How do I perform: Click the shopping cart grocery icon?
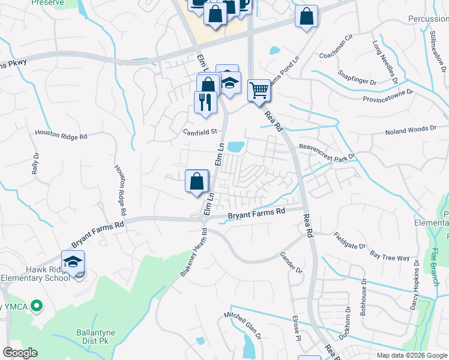tap(259, 91)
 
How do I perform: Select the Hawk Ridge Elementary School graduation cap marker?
tap(73, 262)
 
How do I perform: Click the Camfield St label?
tap(199, 131)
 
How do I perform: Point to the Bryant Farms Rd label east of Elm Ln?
tap(256, 213)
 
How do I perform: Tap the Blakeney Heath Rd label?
tap(193, 253)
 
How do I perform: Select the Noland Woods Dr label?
tap(410, 130)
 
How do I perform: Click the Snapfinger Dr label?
tap(357, 77)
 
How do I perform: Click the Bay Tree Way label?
tap(390, 256)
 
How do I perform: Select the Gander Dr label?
tap(291, 262)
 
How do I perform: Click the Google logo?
tap(20, 353)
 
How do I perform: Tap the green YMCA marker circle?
tap(37, 306)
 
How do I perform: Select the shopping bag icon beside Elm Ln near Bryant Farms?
tap(197, 182)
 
